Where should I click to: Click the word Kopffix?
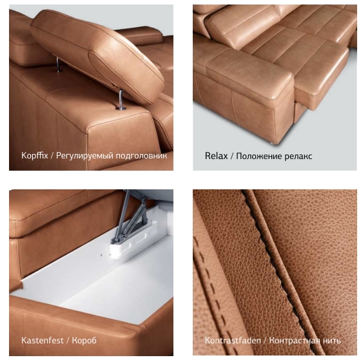[x=35, y=156]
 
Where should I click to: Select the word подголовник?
[x=141, y=156]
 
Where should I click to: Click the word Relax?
[x=216, y=156]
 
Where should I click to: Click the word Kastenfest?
[x=42, y=341]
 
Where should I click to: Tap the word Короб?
[x=84, y=341]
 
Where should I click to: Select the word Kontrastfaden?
[x=233, y=341]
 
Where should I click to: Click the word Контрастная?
[x=295, y=341]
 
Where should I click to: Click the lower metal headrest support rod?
[x=121, y=100]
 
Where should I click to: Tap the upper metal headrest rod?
[x=58, y=64]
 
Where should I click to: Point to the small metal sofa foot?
[x=272, y=144]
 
